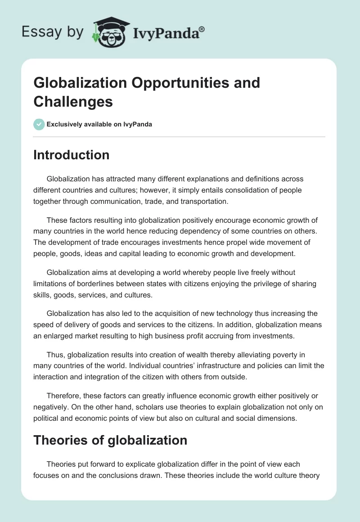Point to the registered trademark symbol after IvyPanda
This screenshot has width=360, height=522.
click(x=202, y=28)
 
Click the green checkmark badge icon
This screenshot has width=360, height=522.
click(x=39, y=124)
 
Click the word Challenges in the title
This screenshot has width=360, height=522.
click(x=73, y=102)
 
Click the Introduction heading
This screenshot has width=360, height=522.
click(x=72, y=155)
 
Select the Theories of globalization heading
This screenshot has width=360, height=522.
click(x=110, y=440)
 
